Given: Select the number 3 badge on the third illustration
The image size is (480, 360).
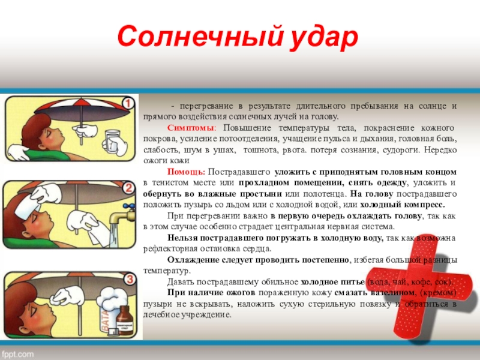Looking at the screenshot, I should coord(127,280).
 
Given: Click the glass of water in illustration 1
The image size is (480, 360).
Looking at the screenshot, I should coord(112,139).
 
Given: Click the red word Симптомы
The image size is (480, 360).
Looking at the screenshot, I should coord(187,128).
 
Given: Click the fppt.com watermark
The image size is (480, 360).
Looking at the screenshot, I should coord(18,352).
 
